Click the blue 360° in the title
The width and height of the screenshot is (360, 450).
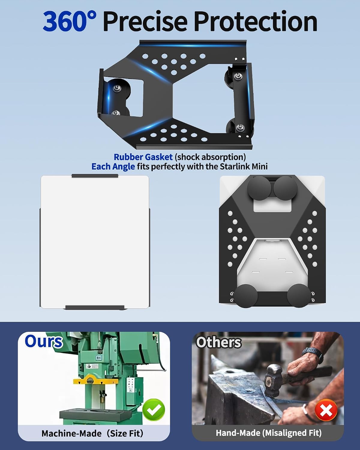click(70, 21)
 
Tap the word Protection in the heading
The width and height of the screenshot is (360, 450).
click(256, 21)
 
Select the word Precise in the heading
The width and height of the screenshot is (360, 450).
click(145, 21)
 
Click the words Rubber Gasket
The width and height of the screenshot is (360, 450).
click(143, 157)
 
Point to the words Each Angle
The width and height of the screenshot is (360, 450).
click(113, 167)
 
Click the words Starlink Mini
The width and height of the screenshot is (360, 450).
click(244, 166)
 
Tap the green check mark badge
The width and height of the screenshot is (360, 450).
click(154, 409)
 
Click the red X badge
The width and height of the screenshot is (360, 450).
click(326, 410)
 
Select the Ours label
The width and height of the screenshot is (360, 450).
click(44, 342)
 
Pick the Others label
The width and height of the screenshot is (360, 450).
click(219, 343)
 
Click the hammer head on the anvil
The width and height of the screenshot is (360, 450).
click(273, 377)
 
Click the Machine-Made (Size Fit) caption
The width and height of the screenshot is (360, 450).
click(92, 433)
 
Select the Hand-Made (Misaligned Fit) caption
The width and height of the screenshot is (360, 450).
click(268, 433)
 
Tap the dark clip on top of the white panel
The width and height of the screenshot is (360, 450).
click(95, 176)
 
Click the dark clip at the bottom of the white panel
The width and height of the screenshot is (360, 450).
click(95, 307)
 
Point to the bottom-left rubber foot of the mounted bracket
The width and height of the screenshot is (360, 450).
click(246, 296)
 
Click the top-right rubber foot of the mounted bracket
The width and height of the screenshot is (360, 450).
click(285, 188)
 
